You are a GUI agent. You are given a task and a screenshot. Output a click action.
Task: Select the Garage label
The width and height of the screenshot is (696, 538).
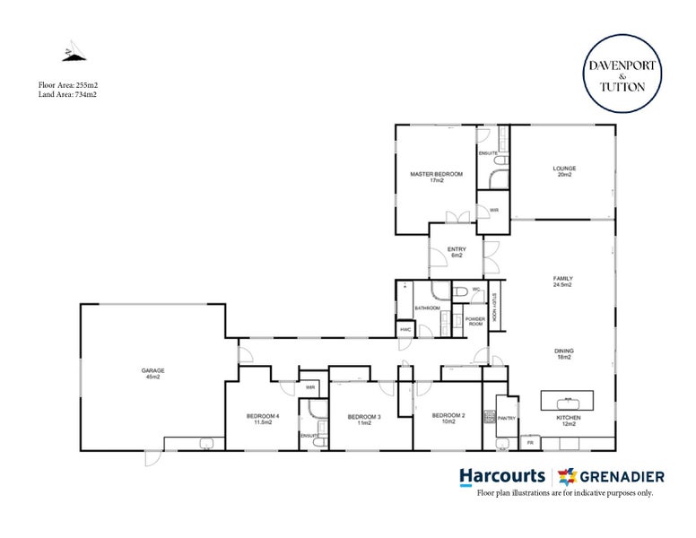152,373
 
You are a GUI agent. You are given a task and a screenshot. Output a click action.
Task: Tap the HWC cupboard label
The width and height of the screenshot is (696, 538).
405,329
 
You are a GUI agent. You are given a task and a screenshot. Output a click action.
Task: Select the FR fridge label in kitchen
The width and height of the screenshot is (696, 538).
531,443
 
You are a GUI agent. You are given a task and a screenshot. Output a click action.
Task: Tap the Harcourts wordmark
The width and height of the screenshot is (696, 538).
501,475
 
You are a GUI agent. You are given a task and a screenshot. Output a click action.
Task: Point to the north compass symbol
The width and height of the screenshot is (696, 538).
70,53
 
